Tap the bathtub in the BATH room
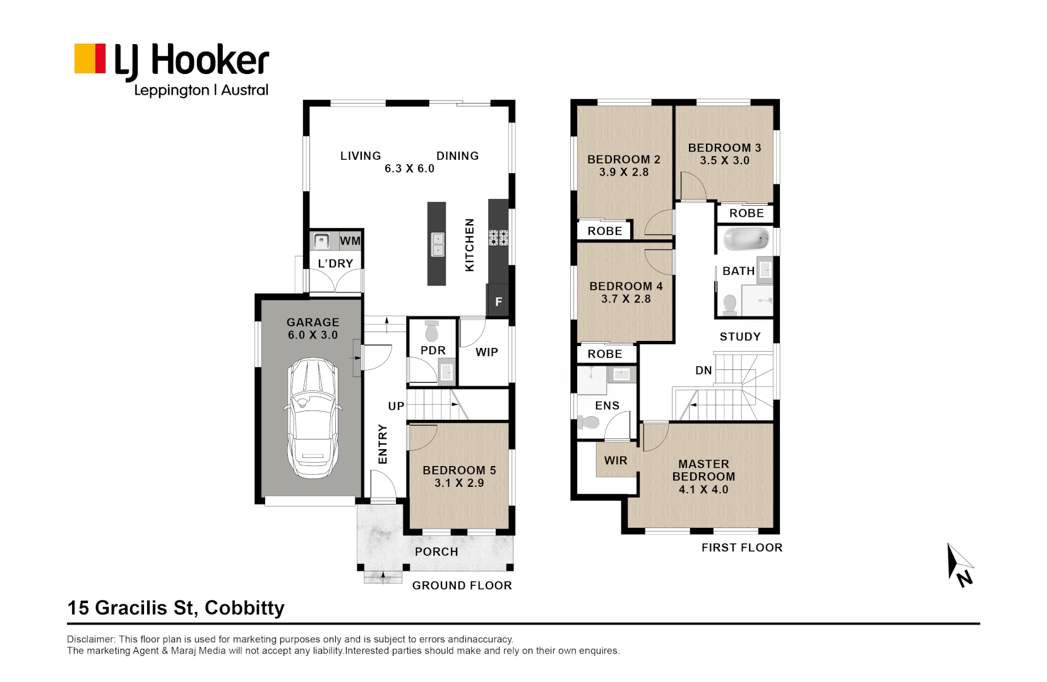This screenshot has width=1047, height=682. (746, 240)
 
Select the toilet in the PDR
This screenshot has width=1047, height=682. (432, 331)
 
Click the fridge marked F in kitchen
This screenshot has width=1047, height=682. (498, 302)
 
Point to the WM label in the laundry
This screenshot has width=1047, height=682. (350, 241)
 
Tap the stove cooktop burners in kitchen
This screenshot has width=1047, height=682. (498, 237)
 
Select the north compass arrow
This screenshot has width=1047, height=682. (959, 563)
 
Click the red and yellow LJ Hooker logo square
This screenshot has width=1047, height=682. (90, 59)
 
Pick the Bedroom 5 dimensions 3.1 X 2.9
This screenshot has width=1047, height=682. (459, 483)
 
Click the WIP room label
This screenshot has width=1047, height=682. (487, 352)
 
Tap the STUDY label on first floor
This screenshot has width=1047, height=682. (740, 337)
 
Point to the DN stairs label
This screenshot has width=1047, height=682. (703, 371)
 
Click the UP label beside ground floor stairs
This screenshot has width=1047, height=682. (396, 406)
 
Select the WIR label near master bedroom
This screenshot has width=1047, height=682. (616, 460)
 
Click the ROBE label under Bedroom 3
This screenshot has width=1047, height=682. (746, 213)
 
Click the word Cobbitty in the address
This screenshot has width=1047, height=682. (244, 607)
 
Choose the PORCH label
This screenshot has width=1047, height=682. (436, 552)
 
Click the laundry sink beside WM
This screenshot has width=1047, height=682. (322, 241)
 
